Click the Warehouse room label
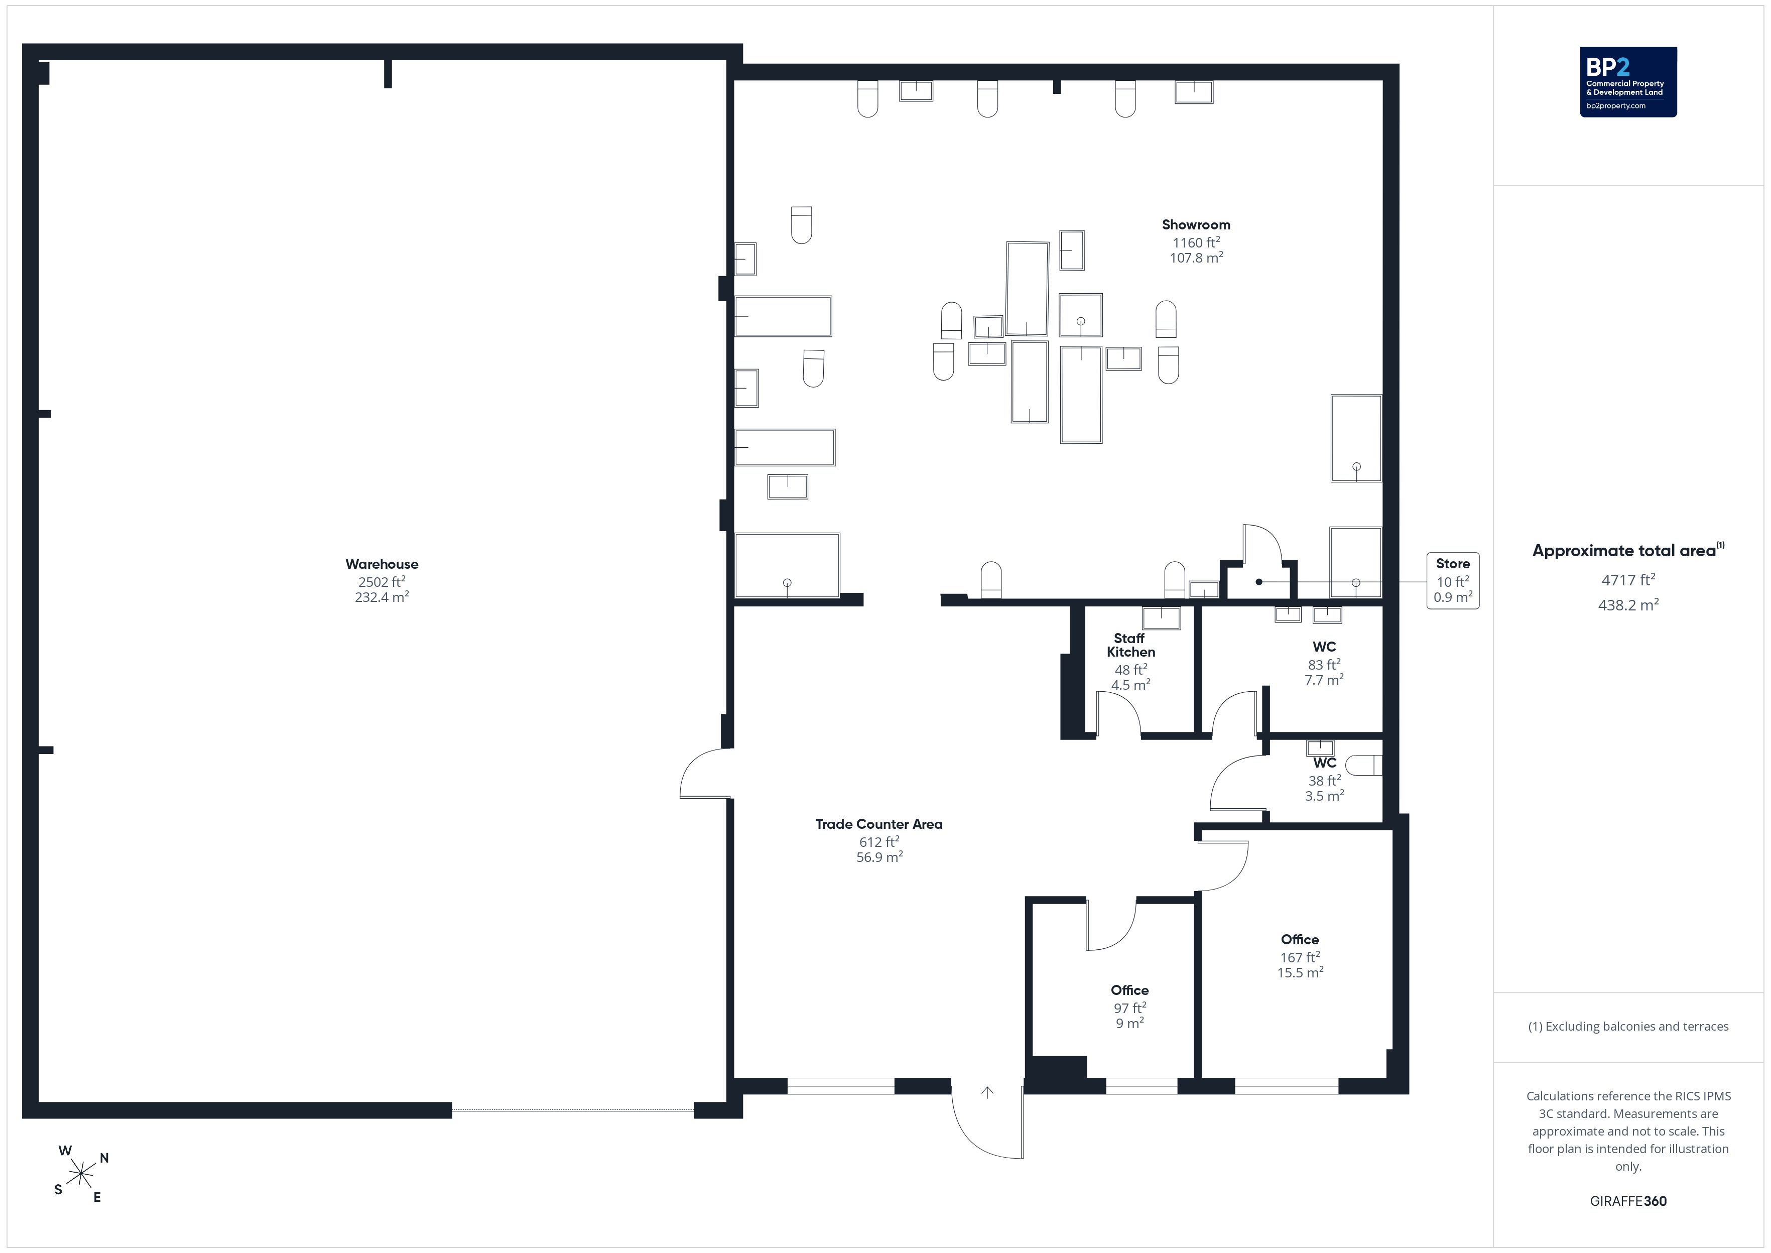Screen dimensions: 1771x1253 pyautogui.click(x=382, y=564)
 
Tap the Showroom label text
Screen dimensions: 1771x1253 pyautogui.click(x=1196, y=224)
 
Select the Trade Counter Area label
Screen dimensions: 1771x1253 pyautogui.click(x=878, y=824)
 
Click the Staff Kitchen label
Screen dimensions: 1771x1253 pyautogui.click(x=1131, y=645)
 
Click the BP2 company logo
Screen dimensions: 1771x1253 pyautogui.click(x=1628, y=82)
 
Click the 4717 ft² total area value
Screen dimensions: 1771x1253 pyautogui.click(x=1628, y=579)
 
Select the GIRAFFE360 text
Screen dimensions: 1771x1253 pyautogui.click(x=1628, y=1201)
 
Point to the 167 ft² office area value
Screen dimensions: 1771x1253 pyautogui.click(x=1300, y=957)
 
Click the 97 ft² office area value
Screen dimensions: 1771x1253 pyautogui.click(x=1130, y=1008)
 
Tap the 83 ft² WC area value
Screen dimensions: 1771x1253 pyautogui.click(x=1324, y=664)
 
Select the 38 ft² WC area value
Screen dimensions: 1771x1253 pyautogui.click(x=1324, y=780)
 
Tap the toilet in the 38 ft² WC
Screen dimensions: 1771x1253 pyautogui.click(x=1364, y=765)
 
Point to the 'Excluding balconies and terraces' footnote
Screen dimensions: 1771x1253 pyautogui.click(x=1628, y=1026)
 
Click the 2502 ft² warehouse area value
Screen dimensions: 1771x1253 pyautogui.click(x=382, y=582)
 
